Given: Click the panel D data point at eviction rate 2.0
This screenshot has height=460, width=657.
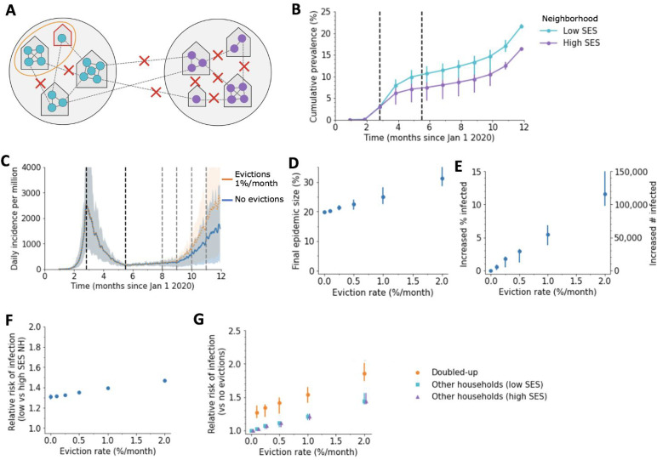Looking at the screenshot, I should coord(442,179).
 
